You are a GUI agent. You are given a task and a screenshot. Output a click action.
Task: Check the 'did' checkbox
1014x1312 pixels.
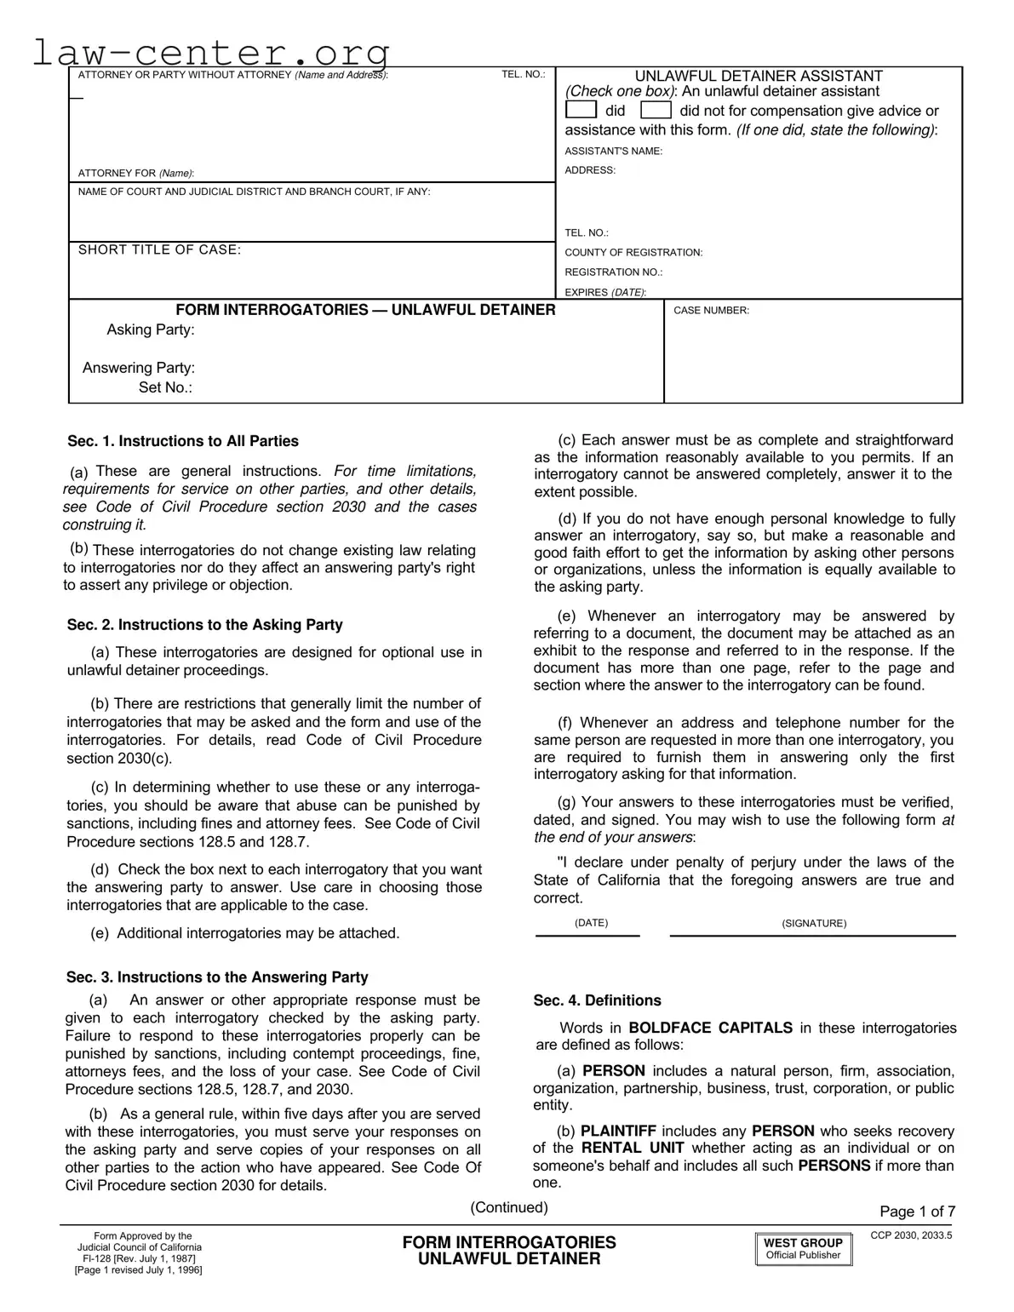click(581, 111)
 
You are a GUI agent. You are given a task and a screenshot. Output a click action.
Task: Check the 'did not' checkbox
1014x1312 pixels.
click(656, 111)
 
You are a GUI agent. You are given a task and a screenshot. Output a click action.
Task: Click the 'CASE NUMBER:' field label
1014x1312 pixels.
click(711, 311)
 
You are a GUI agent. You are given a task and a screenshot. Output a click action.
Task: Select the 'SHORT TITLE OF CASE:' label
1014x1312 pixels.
click(159, 249)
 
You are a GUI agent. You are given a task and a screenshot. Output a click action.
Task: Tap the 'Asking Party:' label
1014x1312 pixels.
click(150, 330)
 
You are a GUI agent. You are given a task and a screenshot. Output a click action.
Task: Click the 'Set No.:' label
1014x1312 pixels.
click(165, 388)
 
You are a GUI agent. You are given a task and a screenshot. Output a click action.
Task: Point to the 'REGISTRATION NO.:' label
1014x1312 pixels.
click(613, 272)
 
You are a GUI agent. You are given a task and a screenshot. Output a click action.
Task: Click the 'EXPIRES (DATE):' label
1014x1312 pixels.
click(604, 292)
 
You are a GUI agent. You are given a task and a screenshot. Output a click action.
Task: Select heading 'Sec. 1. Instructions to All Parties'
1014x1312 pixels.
click(183, 441)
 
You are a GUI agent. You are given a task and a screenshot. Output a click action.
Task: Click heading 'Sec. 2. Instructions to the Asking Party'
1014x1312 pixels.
click(204, 625)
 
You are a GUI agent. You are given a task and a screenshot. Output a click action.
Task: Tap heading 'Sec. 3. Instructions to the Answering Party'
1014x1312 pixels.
click(217, 977)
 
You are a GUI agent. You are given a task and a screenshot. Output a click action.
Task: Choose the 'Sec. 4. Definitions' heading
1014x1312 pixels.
click(597, 1000)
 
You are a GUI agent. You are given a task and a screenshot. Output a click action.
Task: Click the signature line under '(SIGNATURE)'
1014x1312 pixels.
click(812, 935)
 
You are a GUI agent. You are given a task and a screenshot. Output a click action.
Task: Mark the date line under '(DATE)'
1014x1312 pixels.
click(587, 935)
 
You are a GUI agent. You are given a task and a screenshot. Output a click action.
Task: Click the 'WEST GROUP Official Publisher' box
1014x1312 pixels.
click(803, 1249)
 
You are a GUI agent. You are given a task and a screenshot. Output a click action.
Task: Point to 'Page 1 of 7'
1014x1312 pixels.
click(917, 1212)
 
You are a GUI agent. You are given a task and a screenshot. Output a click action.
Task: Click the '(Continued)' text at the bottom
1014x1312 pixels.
click(509, 1207)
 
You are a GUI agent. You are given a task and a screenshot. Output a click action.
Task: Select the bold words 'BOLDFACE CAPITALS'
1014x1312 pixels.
click(710, 1028)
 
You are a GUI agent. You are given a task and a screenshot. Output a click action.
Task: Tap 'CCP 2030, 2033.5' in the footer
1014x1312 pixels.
click(911, 1235)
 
